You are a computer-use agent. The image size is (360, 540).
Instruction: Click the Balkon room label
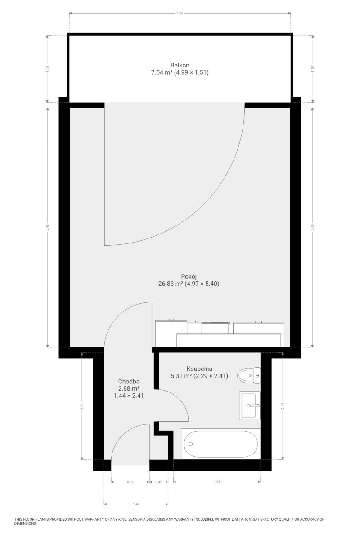click(x=180, y=65)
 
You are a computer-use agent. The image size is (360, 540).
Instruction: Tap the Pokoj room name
click(x=189, y=276)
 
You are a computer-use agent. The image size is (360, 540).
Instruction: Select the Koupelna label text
click(x=199, y=369)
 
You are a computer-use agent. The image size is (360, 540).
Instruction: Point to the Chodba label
click(x=129, y=382)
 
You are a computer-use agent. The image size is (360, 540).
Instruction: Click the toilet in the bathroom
click(x=249, y=375)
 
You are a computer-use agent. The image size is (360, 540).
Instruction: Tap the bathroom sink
click(x=250, y=405)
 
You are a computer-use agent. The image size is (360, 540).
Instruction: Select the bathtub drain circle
click(x=190, y=444)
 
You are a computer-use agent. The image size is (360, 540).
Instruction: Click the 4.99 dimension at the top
click(x=180, y=13)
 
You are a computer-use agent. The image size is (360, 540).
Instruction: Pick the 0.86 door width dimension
click(x=130, y=482)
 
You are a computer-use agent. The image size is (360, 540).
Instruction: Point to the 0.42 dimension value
click(x=159, y=482)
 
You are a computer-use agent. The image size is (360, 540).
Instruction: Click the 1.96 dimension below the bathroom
click(x=217, y=481)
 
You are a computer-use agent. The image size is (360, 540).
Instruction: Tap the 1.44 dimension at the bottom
click(x=136, y=504)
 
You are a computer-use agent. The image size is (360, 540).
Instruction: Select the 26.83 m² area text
click(x=171, y=283)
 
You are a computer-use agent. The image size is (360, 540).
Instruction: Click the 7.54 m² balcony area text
click(x=161, y=72)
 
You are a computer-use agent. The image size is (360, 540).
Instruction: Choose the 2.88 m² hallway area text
click(x=129, y=388)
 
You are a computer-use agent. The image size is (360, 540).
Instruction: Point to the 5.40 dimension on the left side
click(x=48, y=227)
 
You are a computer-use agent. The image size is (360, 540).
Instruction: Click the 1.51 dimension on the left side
click(x=48, y=69)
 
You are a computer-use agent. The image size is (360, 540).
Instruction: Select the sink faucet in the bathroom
click(x=253, y=406)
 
